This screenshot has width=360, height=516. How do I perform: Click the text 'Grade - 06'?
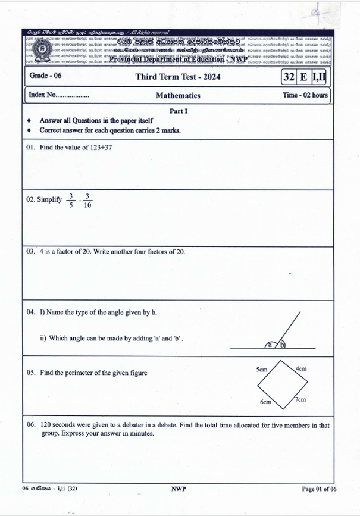pyautogui.click(x=45, y=76)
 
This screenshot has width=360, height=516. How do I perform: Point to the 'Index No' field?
pyautogui.click(x=58, y=95)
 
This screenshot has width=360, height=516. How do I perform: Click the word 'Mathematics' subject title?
pyautogui.click(x=178, y=95)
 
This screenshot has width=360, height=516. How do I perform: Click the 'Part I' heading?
pyautogui.click(x=179, y=111)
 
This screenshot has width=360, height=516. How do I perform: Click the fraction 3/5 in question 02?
pyautogui.click(x=71, y=201)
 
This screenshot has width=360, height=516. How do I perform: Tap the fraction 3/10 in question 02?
pyautogui.click(x=87, y=201)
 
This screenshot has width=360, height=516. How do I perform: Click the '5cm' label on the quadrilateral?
pyautogui.click(x=261, y=369)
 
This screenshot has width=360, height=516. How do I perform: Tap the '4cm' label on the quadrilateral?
pyautogui.click(x=301, y=369)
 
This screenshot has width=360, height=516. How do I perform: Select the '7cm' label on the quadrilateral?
pyautogui.click(x=300, y=399)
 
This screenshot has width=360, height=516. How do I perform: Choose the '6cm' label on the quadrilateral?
pyautogui.click(x=265, y=402)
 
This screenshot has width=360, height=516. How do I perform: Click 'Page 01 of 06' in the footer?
pyautogui.click(x=319, y=489)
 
